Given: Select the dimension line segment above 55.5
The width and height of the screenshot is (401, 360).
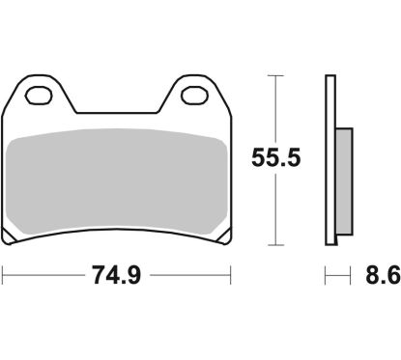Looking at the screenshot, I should tap(276, 106).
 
